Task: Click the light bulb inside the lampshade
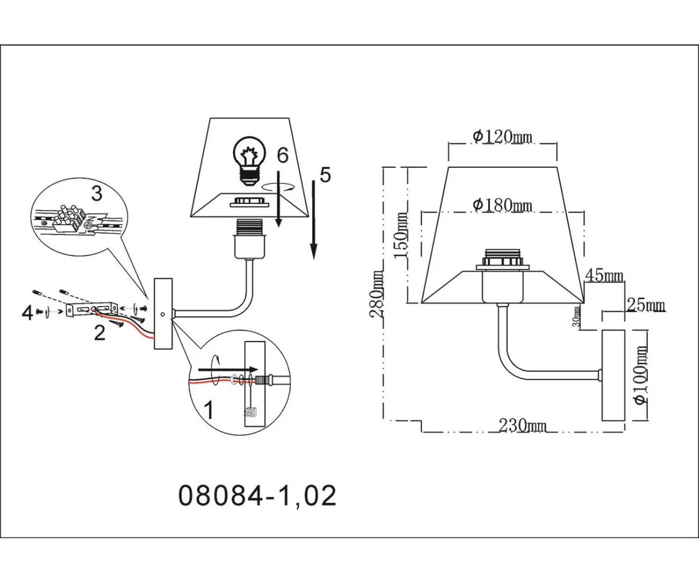249,161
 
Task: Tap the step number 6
283,155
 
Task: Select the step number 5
325,174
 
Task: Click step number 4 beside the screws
27,313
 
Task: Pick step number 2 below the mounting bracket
100,333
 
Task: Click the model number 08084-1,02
256,497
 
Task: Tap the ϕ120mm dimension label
502,136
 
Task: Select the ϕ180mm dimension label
502,205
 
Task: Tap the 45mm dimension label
605,276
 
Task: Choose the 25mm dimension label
646,305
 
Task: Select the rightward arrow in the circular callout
227,370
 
